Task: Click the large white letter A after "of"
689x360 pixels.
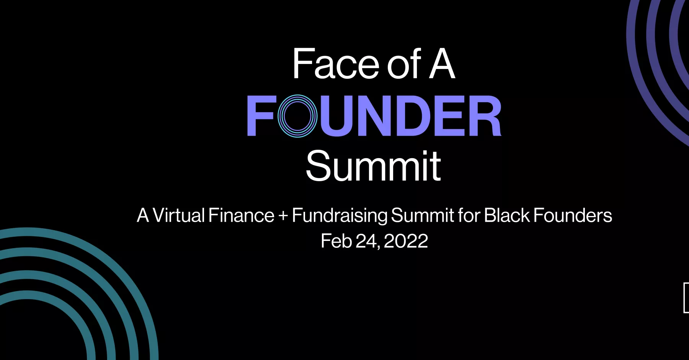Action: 442,64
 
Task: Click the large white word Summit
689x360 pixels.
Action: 374,166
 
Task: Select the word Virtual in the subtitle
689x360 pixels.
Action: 179,215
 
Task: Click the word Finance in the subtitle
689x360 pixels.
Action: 242,215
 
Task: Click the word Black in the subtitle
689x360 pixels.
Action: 507,215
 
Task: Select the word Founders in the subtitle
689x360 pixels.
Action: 573,215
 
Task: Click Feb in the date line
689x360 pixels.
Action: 336,241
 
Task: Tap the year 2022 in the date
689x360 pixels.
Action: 406,241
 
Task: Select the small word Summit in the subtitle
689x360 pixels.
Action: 423,215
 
